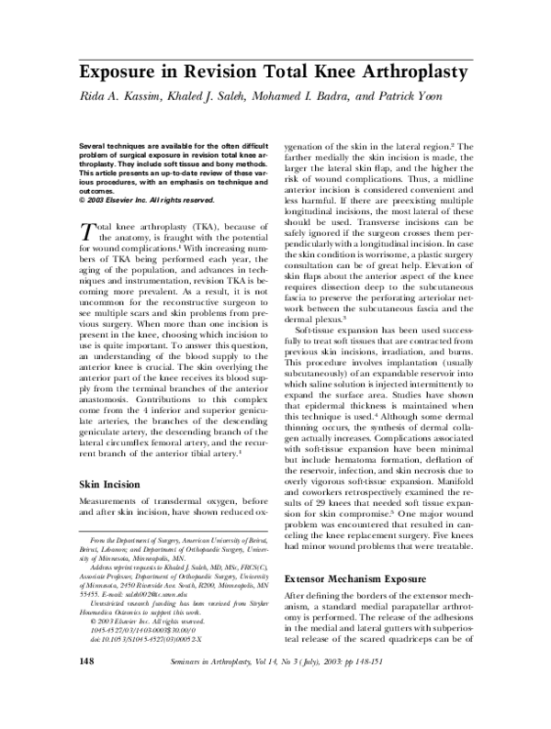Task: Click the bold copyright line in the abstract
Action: click(135, 200)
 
